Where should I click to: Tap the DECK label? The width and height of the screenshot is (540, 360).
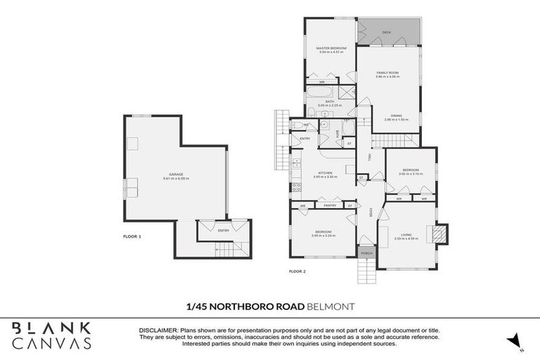pos(386,32)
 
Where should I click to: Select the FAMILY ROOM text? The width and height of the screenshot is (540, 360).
pos(387,72)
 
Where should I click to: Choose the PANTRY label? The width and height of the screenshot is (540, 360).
pos(329,205)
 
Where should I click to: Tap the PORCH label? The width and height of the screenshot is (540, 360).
pos(366,252)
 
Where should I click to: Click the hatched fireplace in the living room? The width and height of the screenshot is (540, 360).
pos(439,233)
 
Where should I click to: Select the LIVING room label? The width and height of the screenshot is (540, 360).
pos(407,235)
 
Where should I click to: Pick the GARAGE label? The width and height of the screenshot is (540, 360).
pos(175,174)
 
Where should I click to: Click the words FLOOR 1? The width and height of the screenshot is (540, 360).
pos(132,236)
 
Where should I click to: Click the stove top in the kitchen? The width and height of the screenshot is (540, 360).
pos(296,187)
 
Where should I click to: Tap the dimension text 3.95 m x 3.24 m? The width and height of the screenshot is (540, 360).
pos(323,236)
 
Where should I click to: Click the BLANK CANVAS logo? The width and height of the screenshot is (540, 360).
pos(51,335)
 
